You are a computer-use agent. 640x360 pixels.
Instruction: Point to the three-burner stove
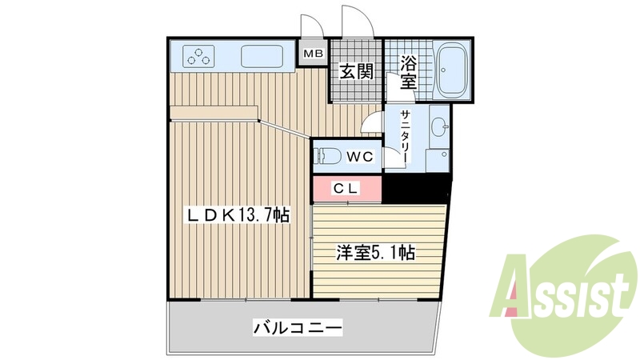pos(199,56)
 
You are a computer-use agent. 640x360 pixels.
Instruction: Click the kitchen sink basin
pos(262,57)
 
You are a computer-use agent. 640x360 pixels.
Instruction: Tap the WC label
pos(360,157)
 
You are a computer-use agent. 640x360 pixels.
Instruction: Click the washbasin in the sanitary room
pos(438,126)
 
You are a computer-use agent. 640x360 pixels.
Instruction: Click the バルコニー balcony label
pos(298,327)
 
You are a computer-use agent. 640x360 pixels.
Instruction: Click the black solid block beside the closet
pos(417,189)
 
